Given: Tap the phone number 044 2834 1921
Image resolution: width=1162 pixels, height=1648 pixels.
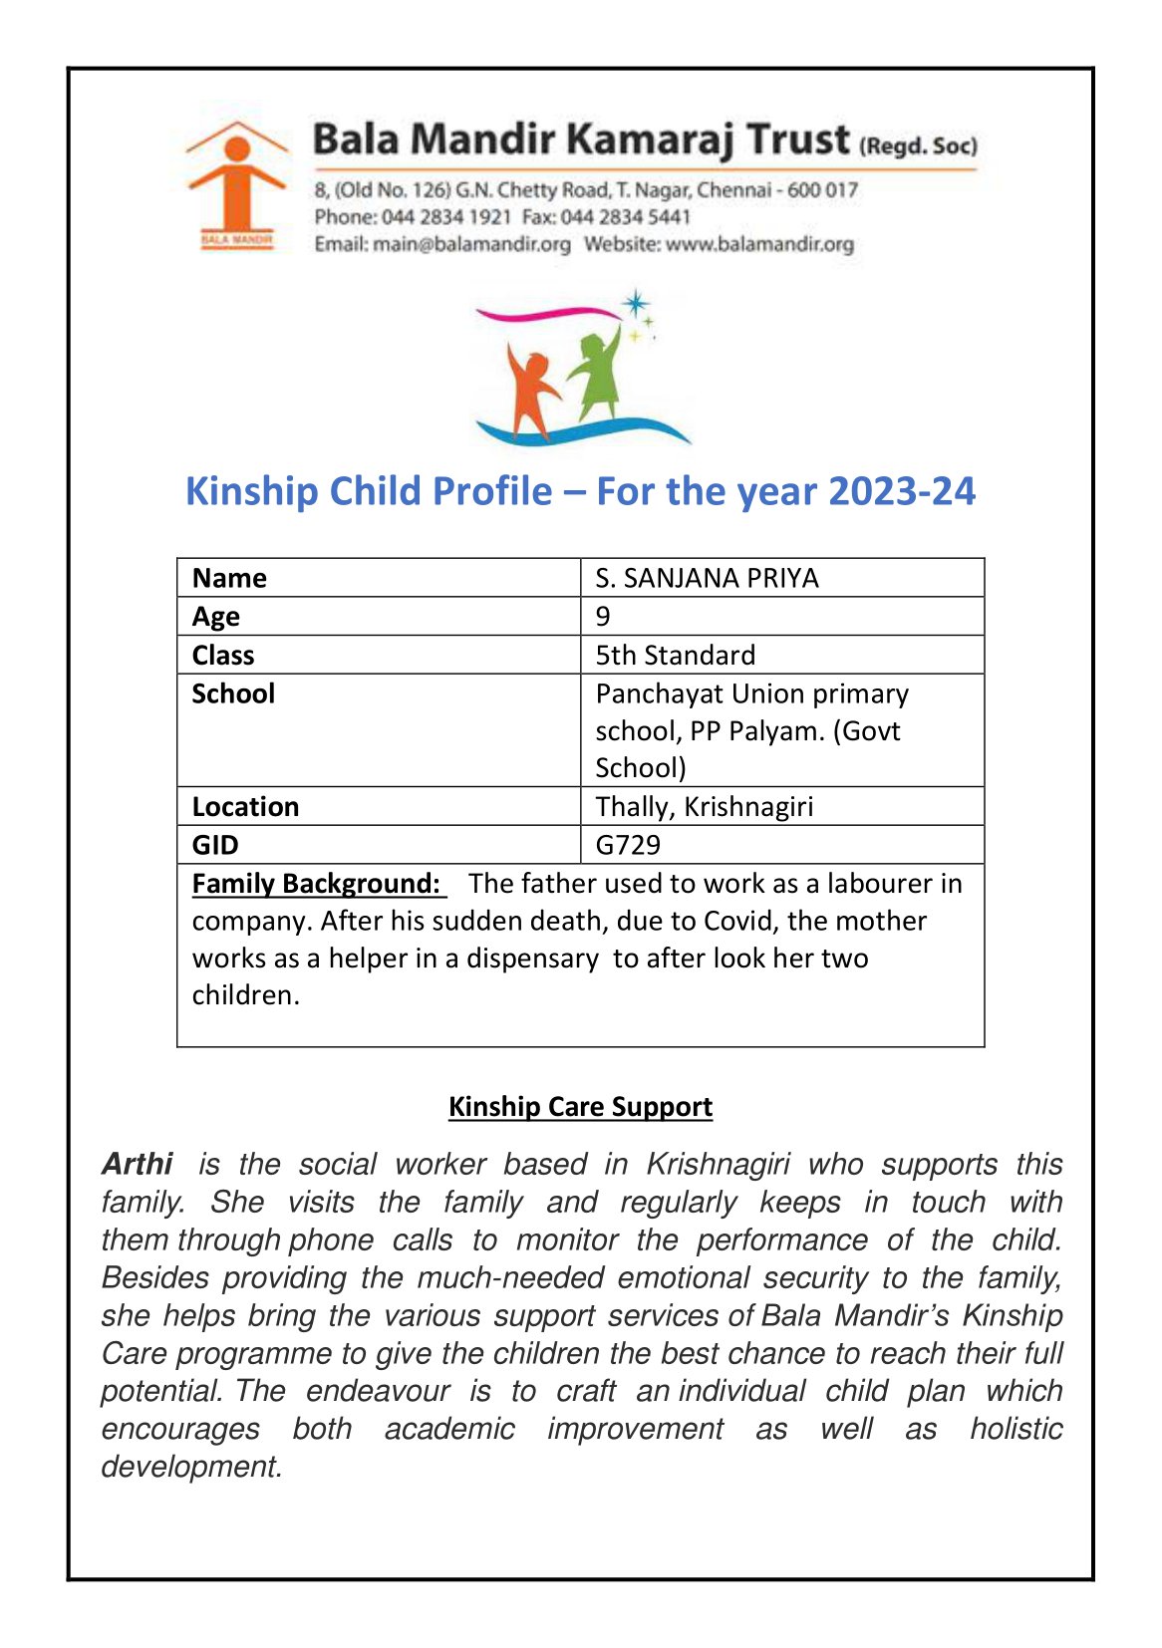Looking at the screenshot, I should [x=446, y=217].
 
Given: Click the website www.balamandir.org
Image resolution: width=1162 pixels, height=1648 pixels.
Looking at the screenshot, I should [x=759, y=244].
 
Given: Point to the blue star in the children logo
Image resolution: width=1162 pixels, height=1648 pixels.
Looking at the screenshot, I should [x=635, y=304].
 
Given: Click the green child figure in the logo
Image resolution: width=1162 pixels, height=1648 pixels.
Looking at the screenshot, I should [x=595, y=374].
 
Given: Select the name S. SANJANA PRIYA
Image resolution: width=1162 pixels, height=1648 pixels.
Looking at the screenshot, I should [x=707, y=578].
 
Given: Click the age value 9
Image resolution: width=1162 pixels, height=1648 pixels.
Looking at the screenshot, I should [x=603, y=617].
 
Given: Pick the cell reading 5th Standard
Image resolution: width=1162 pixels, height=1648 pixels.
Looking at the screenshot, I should [x=675, y=656].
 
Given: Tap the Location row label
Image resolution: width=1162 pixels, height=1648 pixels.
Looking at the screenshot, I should [x=245, y=807].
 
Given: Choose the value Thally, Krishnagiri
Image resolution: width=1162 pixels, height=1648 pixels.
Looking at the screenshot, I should [x=704, y=807].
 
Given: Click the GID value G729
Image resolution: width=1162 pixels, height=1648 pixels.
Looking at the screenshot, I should [x=628, y=845].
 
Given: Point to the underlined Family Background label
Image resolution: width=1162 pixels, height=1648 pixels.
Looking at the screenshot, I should [x=316, y=884].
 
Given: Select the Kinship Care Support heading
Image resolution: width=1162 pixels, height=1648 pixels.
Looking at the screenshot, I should [x=580, y=1107].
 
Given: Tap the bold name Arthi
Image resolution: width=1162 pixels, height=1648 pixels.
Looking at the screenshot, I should [x=138, y=1164].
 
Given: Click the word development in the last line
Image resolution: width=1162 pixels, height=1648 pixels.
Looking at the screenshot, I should [x=191, y=1467].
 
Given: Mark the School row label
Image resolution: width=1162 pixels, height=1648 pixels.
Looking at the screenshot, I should [x=233, y=693].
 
